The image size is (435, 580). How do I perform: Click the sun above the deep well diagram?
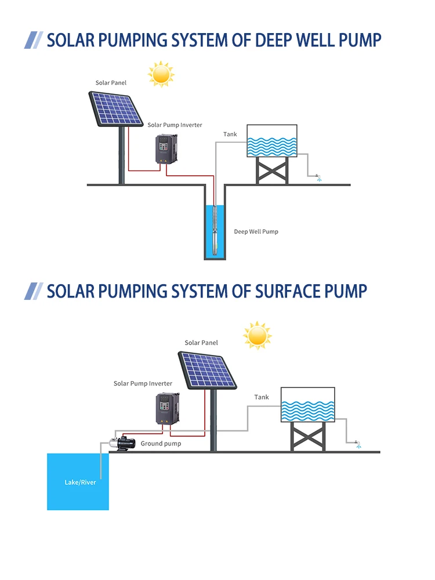point(161,74)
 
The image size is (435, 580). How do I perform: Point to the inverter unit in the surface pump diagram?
point(167,409)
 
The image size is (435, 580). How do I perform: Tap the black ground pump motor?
point(125,444)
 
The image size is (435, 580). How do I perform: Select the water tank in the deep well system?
point(272,141)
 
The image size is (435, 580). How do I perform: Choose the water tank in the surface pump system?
point(307,404)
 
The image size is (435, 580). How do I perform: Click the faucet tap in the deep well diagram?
point(317,176)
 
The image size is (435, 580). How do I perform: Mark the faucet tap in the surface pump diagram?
point(357,444)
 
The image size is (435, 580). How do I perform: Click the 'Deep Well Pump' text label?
point(256,231)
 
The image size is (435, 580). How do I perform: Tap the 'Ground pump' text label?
point(161,444)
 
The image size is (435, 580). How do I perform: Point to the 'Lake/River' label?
point(80,482)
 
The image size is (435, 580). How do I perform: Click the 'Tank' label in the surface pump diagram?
point(262,397)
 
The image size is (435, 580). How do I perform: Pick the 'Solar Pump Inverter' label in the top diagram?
point(175,125)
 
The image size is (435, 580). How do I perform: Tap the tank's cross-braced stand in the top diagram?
point(272,171)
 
